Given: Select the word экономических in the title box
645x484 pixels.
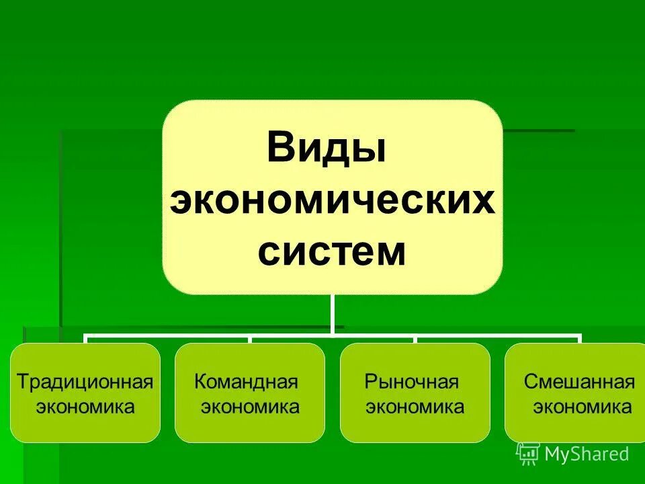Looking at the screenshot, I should (332, 201).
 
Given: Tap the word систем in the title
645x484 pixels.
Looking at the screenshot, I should (332, 252).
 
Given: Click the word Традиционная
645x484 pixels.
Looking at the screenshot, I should (85, 382).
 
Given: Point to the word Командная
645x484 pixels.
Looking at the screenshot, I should (246, 382).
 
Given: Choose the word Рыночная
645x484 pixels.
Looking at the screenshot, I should (412, 382).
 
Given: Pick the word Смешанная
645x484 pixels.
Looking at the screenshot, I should (579, 382).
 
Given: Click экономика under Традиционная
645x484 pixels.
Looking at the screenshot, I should (85, 407).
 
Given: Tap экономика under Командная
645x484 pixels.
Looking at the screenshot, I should (250, 407).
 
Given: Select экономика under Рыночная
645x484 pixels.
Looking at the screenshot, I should (415, 407).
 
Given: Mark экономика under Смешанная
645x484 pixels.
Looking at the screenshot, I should (582, 407).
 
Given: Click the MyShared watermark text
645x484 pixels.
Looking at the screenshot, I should (587, 454).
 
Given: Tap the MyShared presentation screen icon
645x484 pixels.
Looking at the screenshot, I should (528, 454).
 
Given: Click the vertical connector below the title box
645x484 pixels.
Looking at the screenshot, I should (332, 313).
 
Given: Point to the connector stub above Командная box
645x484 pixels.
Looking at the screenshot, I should (250, 338).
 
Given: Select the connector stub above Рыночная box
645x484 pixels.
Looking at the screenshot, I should (415, 338).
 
